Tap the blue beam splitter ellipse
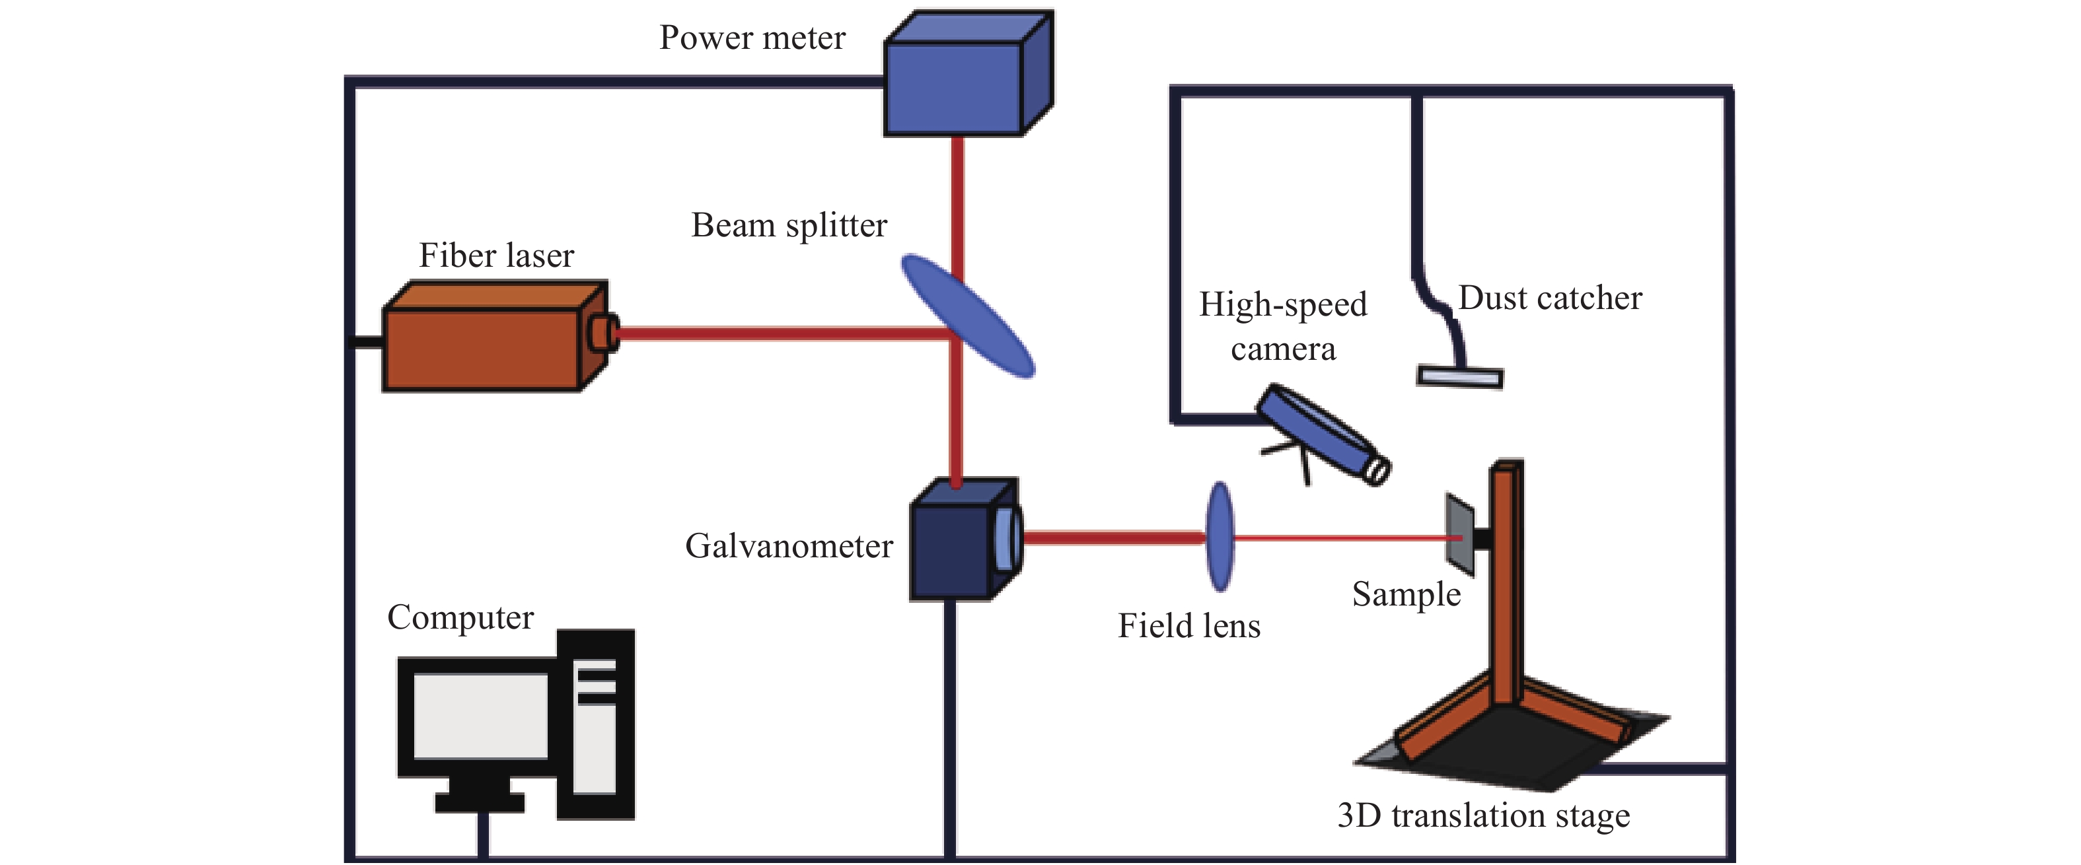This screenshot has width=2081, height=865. pyautogui.click(x=967, y=315)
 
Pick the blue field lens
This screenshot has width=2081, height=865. pyautogui.click(x=1220, y=536)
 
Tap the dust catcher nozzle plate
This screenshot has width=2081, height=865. pyautogui.click(x=1461, y=377)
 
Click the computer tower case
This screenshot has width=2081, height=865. pyautogui.click(x=596, y=724)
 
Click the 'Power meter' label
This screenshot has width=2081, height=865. pyautogui.click(x=752, y=38)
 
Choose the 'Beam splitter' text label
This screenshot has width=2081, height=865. pyautogui.click(x=789, y=225)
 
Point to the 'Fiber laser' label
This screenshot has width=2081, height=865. pyautogui.click(x=496, y=256)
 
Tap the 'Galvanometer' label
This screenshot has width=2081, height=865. pyautogui.click(x=789, y=547)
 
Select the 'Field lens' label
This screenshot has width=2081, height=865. pyautogui.click(x=1189, y=627)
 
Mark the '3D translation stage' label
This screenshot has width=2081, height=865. pyautogui.click(x=1483, y=815)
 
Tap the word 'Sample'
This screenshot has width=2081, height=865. pyautogui.click(x=1406, y=595)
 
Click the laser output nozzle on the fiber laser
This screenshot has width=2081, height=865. pyautogui.click(x=602, y=333)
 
